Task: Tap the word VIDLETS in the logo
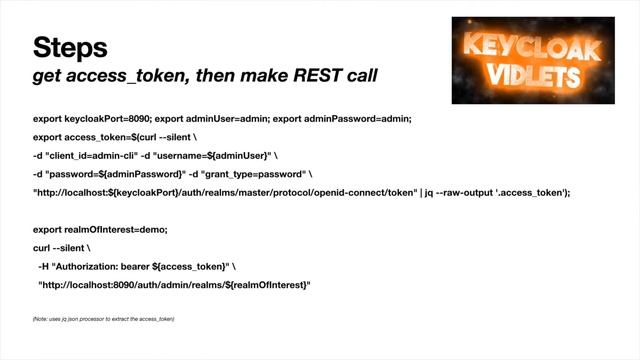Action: coord(527,77)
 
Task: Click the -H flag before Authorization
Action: coord(45,266)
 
